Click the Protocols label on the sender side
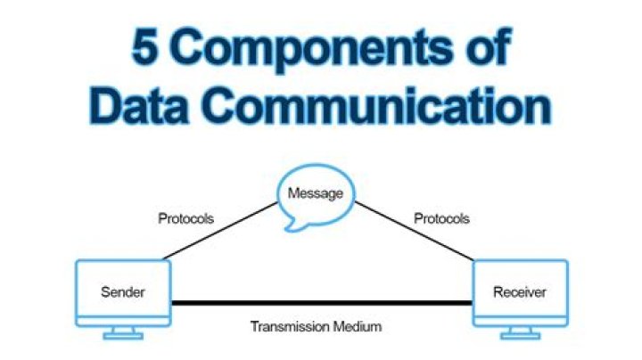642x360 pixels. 185,217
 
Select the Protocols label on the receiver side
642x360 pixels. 442,217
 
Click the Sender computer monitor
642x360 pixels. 122,290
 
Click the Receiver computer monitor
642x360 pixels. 520,290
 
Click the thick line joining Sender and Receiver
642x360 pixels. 321,303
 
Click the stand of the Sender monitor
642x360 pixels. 122,332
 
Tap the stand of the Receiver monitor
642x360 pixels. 520,332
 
